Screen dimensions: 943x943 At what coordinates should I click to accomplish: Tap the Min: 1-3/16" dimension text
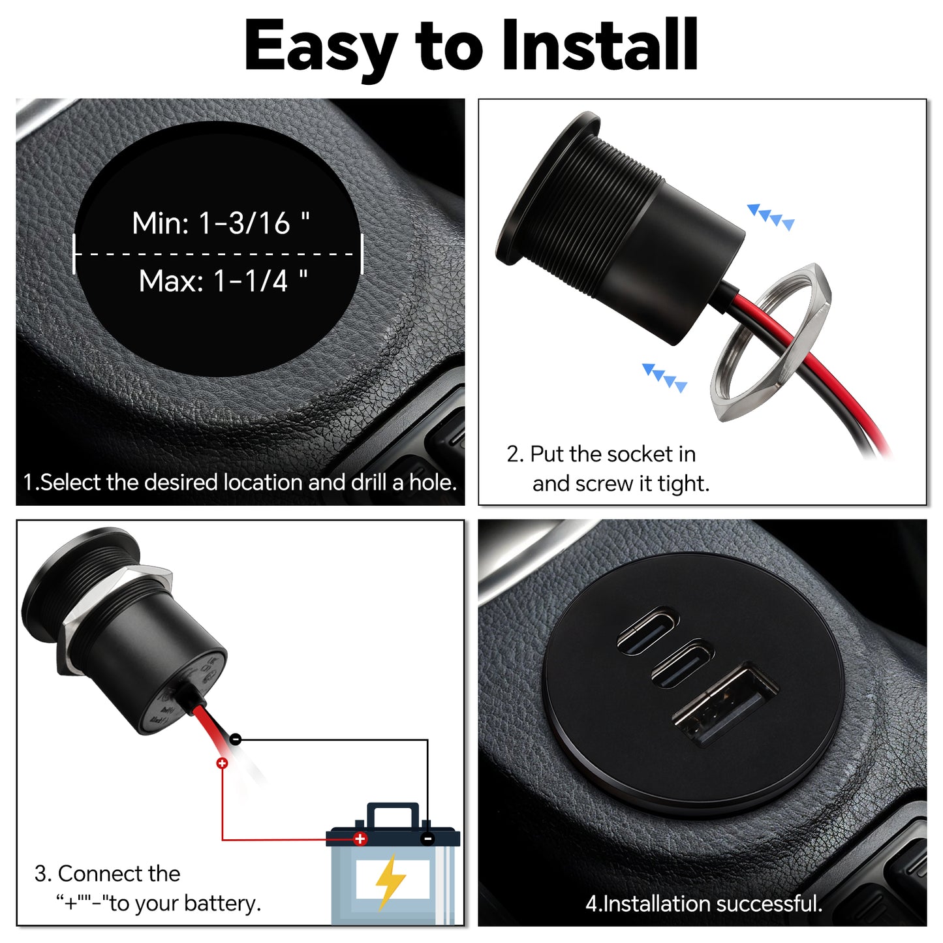tap(221, 223)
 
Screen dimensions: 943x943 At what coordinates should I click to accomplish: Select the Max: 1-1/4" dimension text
tap(223, 281)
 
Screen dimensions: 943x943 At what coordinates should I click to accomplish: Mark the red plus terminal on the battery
tap(360, 839)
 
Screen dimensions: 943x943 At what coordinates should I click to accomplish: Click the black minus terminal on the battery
tap(427, 839)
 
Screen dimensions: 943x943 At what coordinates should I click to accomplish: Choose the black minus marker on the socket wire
tap(236, 739)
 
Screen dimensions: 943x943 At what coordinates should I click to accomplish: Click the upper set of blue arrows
tap(770, 217)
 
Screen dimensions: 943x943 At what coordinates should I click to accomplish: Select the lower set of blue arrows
tap(664, 378)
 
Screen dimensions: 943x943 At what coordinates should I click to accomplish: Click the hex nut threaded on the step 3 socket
tap(115, 619)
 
